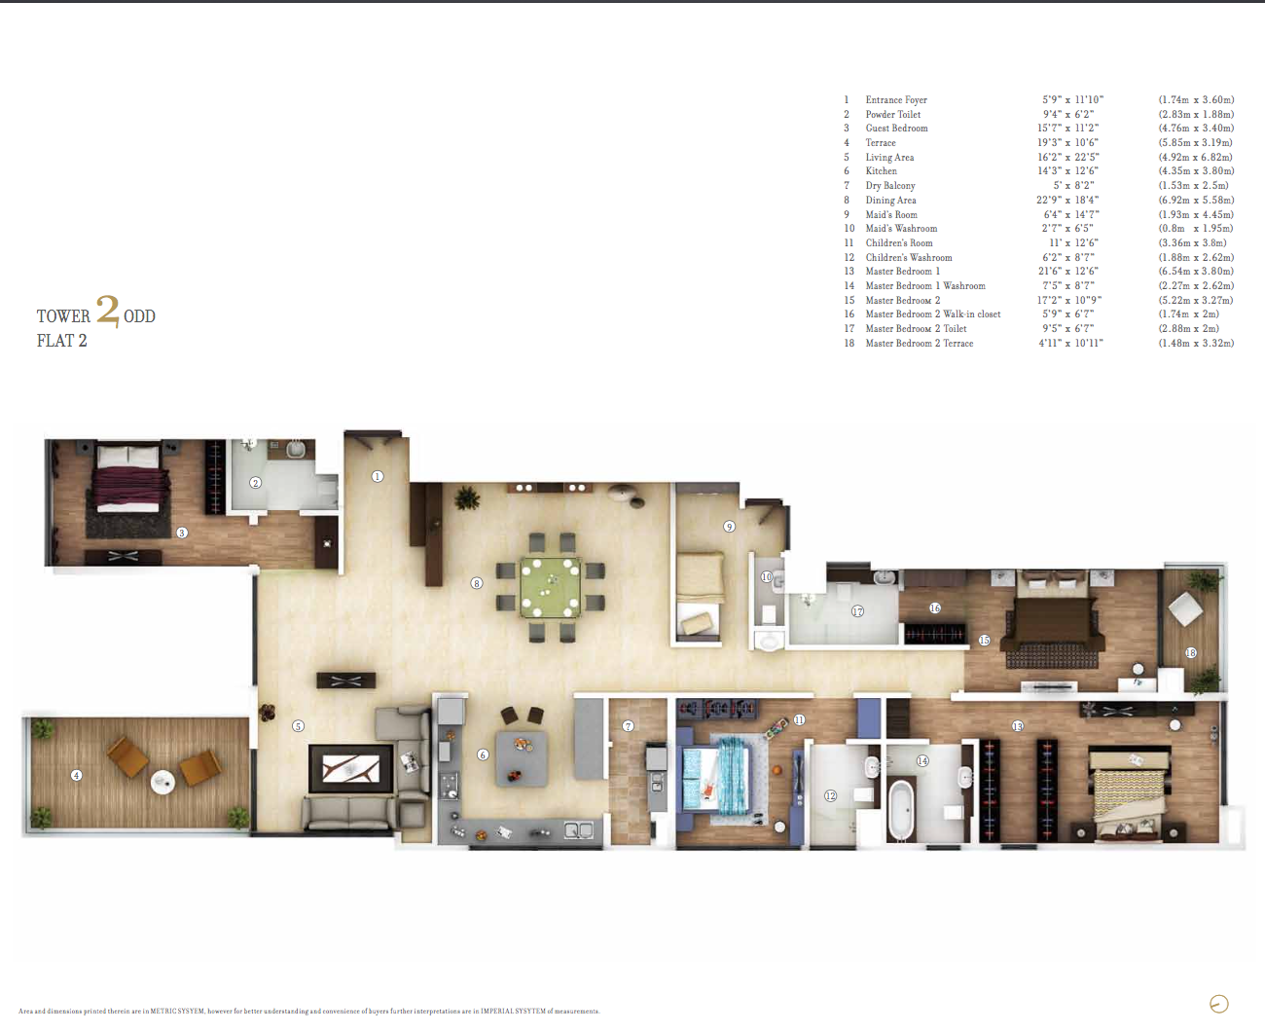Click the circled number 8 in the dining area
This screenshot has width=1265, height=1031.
[x=476, y=583]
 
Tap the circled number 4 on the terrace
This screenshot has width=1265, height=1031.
[x=76, y=775]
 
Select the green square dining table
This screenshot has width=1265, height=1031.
[x=550, y=587]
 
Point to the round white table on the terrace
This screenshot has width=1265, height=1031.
[x=163, y=782]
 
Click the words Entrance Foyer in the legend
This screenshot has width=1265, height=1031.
[x=896, y=100]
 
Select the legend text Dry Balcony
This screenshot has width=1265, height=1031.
[x=890, y=185]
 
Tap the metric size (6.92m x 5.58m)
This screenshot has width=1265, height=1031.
[x=1196, y=200]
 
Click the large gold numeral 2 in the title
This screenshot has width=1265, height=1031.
[x=108, y=311]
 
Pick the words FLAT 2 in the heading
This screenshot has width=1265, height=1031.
[x=61, y=341]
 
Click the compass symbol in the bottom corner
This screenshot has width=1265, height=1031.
[x=1218, y=1004]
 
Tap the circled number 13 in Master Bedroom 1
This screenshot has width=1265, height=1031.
[x=1018, y=726]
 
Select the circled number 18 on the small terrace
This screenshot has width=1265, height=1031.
[x=1191, y=653]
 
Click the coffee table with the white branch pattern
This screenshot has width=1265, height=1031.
[x=351, y=770]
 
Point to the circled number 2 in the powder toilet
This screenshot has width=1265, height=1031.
[x=255, y=483]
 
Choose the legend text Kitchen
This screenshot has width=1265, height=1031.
[x=882, y=171]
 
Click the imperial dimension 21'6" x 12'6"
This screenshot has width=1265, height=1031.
[x=1068, y=271]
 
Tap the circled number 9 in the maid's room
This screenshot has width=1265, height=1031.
[x=729, y=527]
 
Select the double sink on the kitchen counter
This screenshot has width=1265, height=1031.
[x=578, y=829]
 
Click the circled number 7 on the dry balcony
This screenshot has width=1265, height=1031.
[x=629, y=726]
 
